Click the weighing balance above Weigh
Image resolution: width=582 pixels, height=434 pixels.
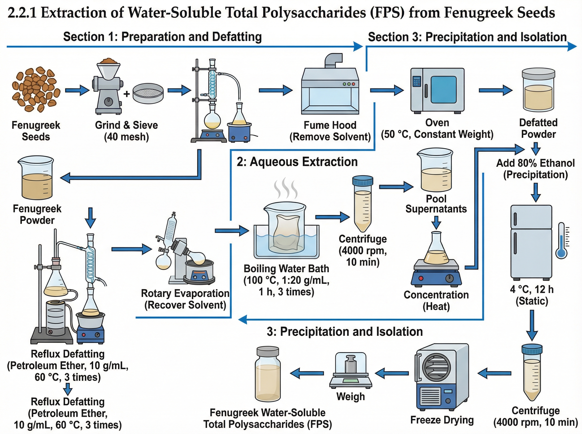point(351,372)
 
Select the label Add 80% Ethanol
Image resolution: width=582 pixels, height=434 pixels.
point(535,163)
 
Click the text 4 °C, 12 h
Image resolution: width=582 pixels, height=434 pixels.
point(532,289)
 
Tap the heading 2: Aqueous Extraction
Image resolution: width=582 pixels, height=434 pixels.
point(297,162)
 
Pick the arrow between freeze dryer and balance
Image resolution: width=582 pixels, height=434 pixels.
point(392,373)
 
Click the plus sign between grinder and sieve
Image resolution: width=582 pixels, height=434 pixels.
point(127,94)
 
